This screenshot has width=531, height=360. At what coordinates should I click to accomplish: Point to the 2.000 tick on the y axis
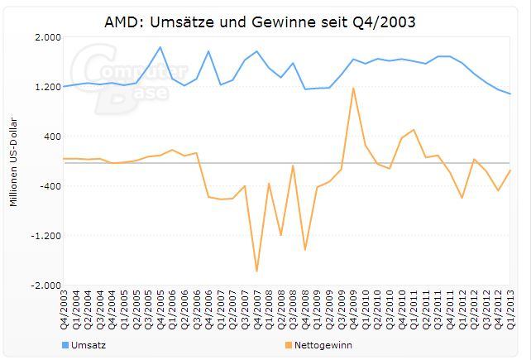49,37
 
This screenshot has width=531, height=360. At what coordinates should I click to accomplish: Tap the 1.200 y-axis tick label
49,87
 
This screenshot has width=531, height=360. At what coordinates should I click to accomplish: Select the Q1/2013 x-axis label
510,309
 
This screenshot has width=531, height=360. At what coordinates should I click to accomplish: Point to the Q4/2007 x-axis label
257,309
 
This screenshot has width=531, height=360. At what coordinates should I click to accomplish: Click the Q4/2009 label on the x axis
354,309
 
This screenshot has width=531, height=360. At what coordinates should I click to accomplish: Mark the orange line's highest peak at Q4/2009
354,88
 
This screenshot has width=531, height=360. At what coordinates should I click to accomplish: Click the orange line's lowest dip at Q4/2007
257,271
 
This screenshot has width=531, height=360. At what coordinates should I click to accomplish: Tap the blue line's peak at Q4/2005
160,47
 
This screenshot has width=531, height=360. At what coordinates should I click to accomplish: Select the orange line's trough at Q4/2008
305,249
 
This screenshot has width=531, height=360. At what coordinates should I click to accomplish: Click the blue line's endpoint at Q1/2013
510,94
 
